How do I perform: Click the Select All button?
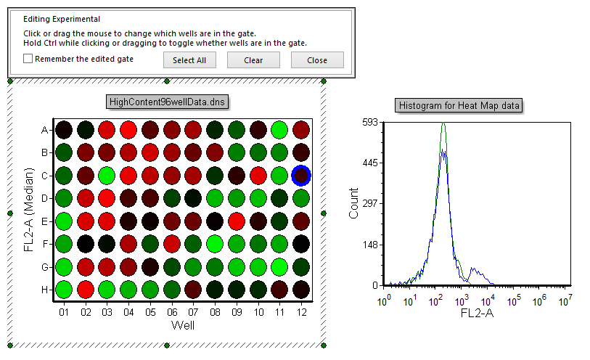click(x=189, y=60)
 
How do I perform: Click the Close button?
click(x=317, y=60)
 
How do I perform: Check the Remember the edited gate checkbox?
click(x=28, y=60)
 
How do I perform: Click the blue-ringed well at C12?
click(x=300, y=175)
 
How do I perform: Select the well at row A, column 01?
click(x=64, y=130)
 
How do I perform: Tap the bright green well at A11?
click(x=279, y=130)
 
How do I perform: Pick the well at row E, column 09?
click(x=236, y=221)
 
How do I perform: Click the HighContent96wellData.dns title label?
click(x=166, y=102)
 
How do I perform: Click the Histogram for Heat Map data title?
click(x=460, y=106)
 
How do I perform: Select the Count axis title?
click(x=354, y=204)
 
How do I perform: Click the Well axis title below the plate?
click(x=182, y=325)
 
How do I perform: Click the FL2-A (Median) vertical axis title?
click(x=29, y=210)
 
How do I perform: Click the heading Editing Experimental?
click(x=62, y=20)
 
